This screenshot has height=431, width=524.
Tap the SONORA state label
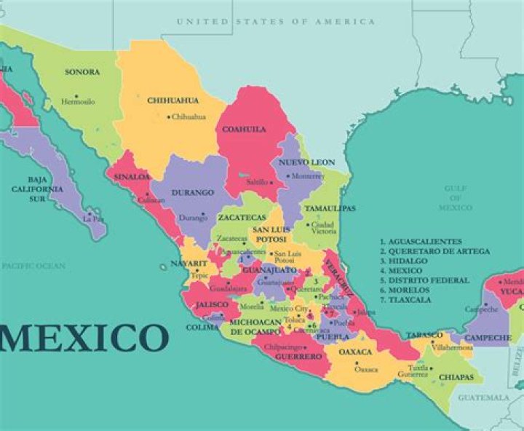[82, 72]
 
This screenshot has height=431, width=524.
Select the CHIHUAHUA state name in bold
[172, 100]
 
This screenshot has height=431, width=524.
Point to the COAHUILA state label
[244, 130]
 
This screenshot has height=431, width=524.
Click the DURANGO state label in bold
[193, 193]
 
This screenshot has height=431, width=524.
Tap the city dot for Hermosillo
[76, 95]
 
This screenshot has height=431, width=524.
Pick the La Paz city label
[93, 218]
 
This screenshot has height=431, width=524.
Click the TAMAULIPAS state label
[330, 208]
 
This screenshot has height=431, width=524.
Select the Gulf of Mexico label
[455, 198]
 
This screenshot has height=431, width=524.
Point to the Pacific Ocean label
[33, 266]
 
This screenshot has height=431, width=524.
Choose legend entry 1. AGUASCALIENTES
[421, 241]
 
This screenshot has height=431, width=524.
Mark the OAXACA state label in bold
[356, 352]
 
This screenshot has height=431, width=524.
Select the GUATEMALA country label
[484, 398]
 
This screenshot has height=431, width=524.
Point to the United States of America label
[276, 22]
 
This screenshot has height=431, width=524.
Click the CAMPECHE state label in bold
[488, 338]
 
